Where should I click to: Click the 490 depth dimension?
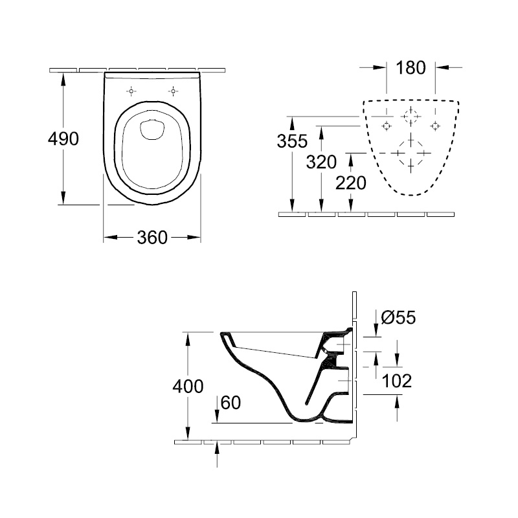(63, 139)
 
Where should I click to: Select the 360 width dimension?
(152, 238)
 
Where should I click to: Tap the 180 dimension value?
(411, 68)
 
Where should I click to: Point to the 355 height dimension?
(292, 141)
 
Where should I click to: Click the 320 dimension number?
(321, 162)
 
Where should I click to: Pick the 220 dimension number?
(351, 183)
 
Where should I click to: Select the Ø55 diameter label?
(398, 317)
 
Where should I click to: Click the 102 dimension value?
(397, 381)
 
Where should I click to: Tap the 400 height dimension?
(188, 386)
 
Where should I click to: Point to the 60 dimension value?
(231, 403)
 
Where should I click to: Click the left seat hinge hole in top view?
(131, 91)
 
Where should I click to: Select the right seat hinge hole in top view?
(173, 91)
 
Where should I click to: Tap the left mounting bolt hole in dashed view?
(386, 126)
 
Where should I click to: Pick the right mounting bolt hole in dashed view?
(435, 126)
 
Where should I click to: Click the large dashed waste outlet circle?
(411, 153)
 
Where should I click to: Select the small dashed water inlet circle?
(411, 117)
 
